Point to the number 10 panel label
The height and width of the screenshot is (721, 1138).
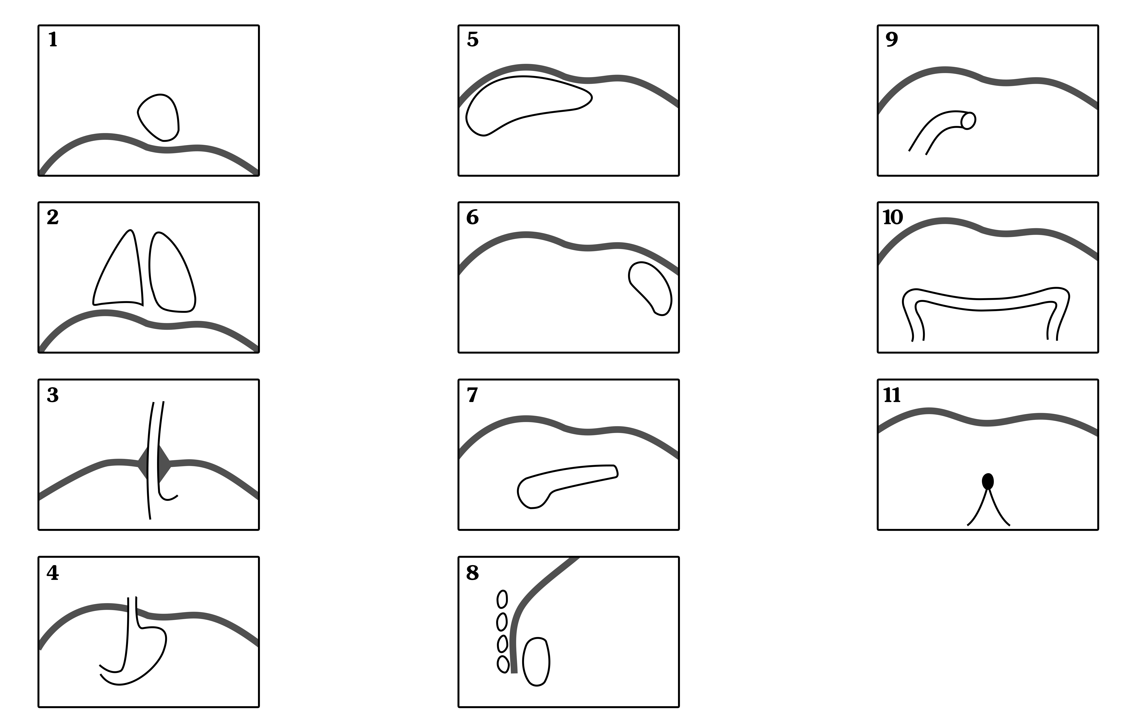point(893,217)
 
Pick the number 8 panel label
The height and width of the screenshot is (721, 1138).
point(473,573)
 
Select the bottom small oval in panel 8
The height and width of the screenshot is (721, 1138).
point(503,664)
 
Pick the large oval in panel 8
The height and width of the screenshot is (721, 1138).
point(536,662)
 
